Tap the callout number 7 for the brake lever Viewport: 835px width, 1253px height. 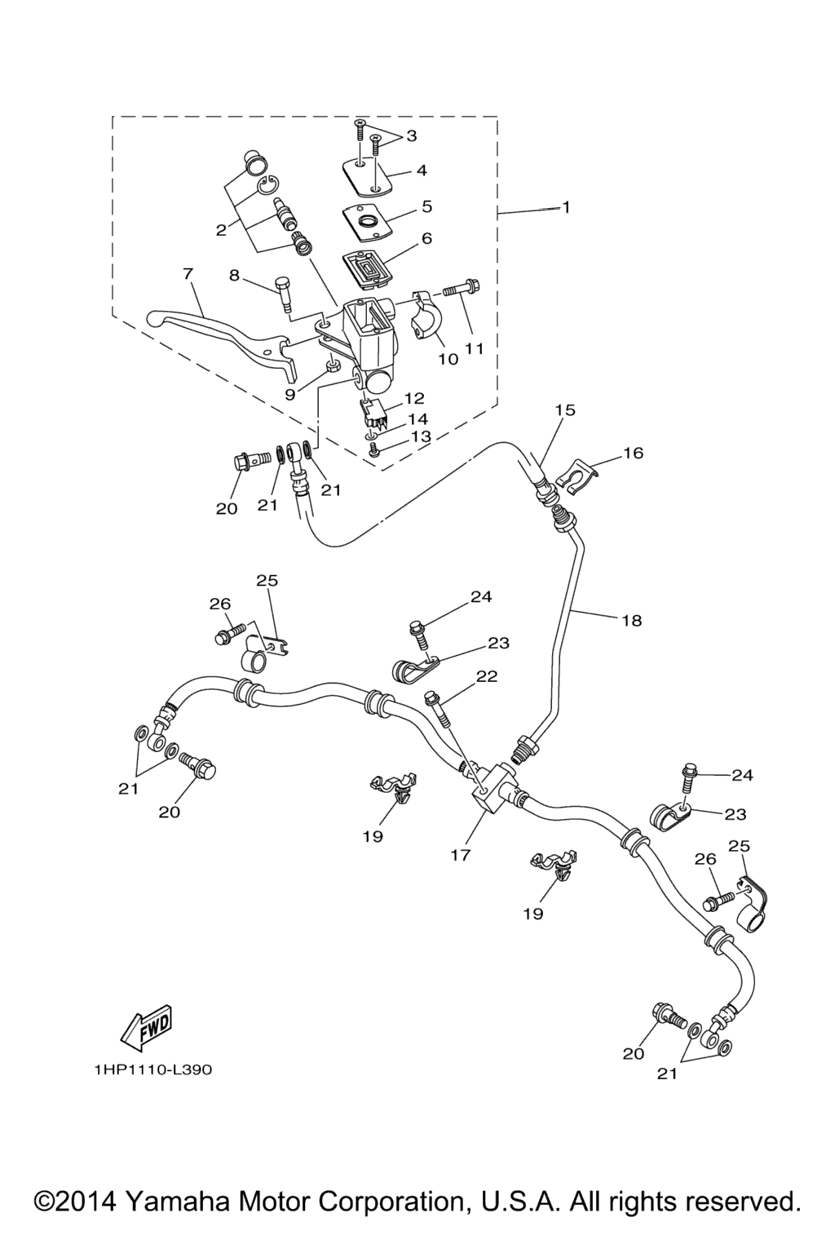[188, 274]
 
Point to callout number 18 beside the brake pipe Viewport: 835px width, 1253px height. [631, 621]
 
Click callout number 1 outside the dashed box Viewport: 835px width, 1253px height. [565, 208]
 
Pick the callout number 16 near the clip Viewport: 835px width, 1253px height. [634, 453]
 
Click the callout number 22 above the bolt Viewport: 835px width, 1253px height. [487, 676]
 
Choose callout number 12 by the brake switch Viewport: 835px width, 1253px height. [414, 398]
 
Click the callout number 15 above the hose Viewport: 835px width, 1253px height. [564, 410]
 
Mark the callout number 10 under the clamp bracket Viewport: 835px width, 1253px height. [448, 359]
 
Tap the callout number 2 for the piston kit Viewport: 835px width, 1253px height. [221, 230]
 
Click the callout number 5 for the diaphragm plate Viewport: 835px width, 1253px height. [426, 206]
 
